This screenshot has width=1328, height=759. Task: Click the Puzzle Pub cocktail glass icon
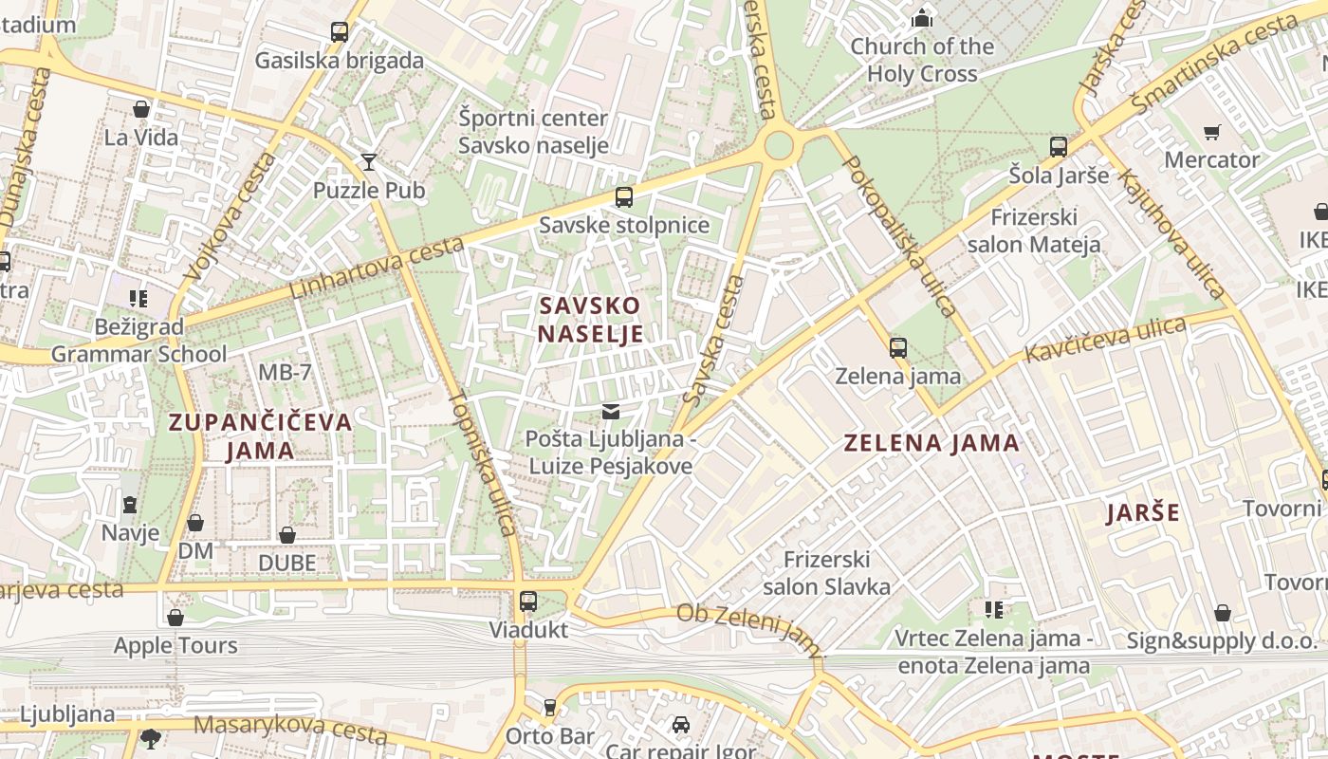(369, 161)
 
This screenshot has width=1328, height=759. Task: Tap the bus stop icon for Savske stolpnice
(623, 197)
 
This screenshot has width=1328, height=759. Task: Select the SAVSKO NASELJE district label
(590, 320)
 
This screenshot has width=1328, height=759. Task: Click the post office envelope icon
(611, 412)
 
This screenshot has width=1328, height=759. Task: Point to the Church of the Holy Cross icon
(921, 17)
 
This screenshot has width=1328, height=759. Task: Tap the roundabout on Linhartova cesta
(778, 146)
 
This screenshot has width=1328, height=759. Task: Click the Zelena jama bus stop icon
(897, 348)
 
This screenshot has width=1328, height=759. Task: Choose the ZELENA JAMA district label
(931, 442)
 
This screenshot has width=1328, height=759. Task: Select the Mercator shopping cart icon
(1211, 132)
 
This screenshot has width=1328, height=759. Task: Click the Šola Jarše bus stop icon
(1058, 147)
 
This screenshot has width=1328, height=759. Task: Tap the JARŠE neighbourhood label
(1143, 513)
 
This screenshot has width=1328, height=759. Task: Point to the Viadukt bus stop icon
(528, 602)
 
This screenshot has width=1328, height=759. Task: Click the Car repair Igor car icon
(680, 725)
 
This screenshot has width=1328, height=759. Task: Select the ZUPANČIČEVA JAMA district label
(260, 435)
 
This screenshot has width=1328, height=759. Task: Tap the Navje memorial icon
(130, 504)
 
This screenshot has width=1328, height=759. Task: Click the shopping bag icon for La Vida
(141, 109)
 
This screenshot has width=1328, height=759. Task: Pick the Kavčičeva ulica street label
(1104, 341)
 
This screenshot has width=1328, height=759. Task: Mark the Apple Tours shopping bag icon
(175, 618)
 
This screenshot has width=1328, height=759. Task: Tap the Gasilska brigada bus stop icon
(339, 32)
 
